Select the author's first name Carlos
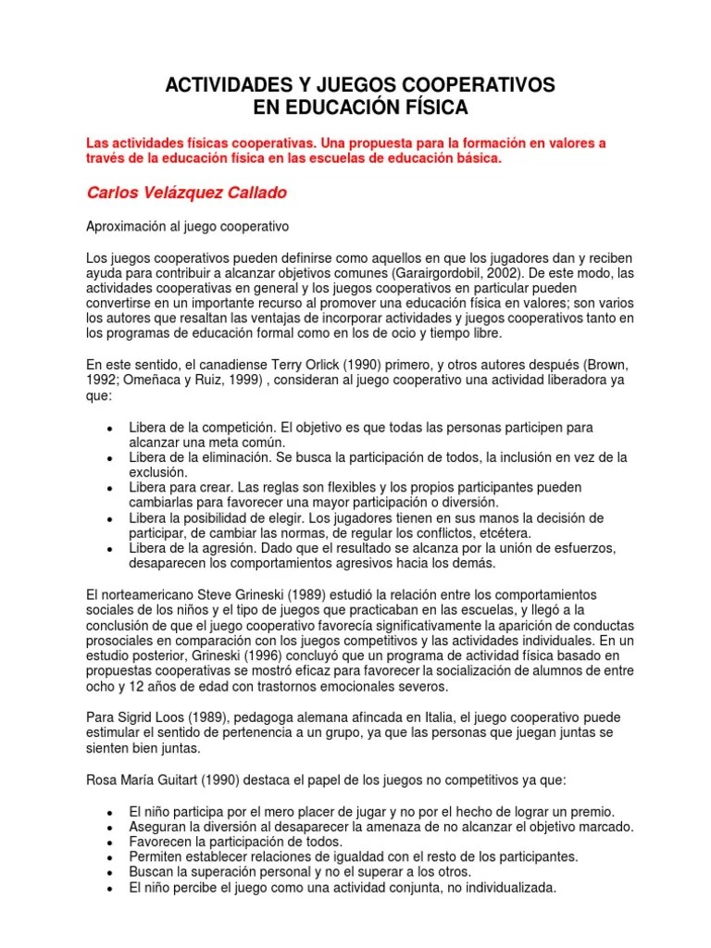111,193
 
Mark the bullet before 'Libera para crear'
109,488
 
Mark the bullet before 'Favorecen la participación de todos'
109,842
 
